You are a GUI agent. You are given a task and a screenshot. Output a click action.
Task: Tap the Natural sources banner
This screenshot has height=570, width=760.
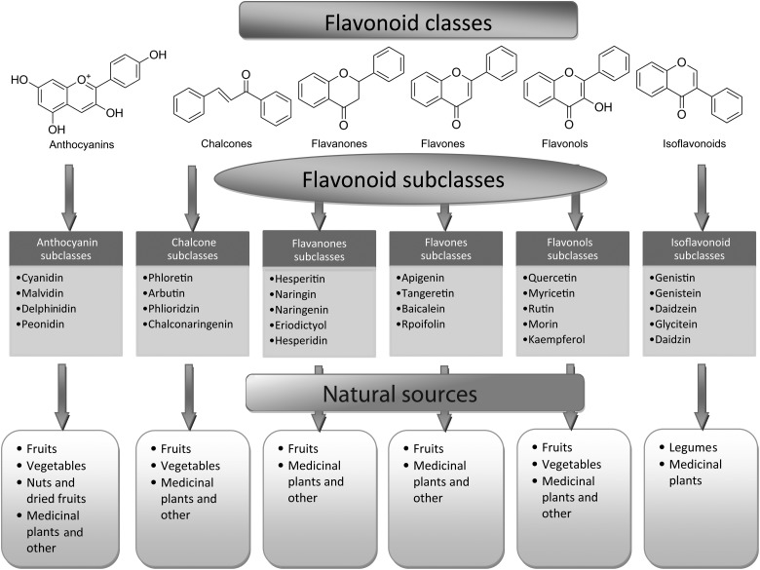pos(414,395)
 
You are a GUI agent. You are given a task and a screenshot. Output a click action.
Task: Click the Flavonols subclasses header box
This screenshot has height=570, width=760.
pos(572,249)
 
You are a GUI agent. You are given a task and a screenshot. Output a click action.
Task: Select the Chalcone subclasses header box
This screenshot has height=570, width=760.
pos(192,249)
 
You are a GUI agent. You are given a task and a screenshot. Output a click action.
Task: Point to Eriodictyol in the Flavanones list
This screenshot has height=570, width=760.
pos(311,325)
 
